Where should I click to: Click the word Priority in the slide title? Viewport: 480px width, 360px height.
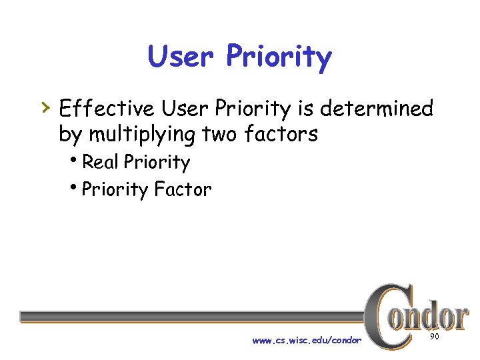279,59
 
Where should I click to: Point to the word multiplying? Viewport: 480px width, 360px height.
142,135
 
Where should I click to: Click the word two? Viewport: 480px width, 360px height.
219,134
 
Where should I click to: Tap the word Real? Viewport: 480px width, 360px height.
100,162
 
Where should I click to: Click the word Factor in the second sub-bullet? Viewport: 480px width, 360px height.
182,189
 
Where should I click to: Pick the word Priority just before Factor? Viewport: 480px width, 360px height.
115,191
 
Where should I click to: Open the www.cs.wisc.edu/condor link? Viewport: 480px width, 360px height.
307,340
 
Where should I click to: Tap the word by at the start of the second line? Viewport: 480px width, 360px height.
69,135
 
